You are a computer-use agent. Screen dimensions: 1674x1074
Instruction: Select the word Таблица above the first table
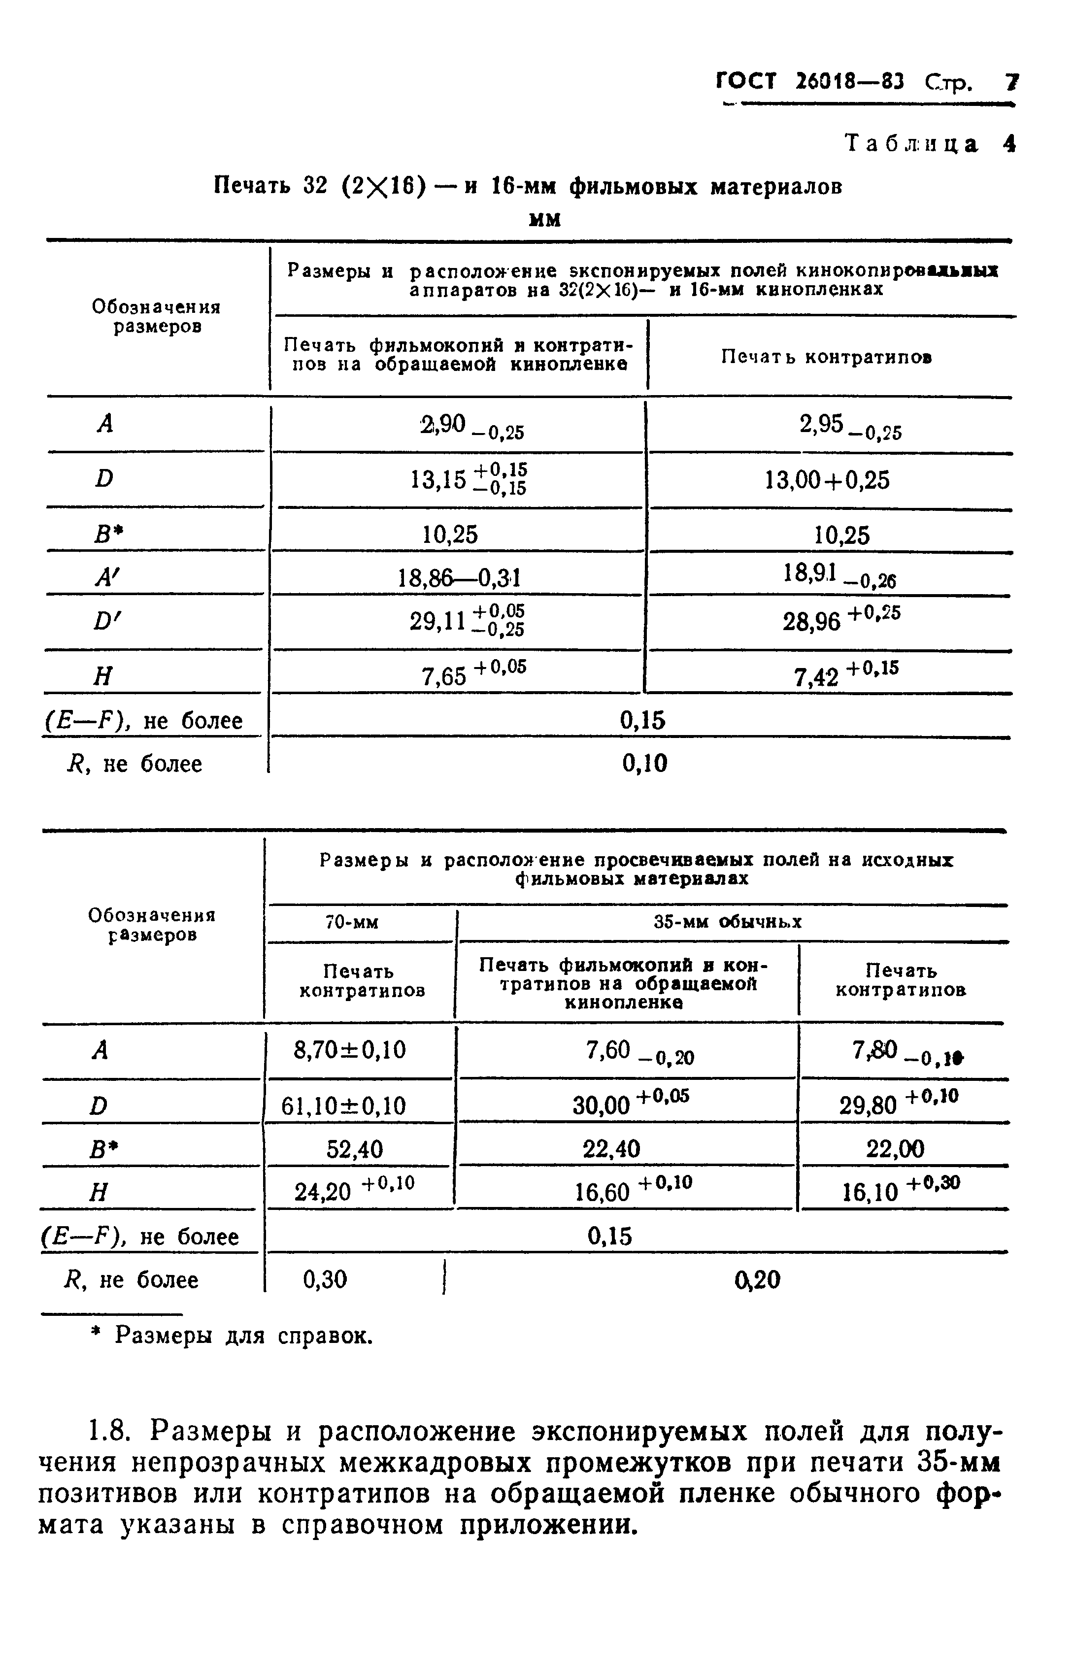pos(911,144)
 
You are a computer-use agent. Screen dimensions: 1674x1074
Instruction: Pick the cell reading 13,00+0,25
pos(827,480)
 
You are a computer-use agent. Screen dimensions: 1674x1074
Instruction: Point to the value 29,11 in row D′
pos(438,620)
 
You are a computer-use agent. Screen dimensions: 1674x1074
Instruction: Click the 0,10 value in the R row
pos(644,764)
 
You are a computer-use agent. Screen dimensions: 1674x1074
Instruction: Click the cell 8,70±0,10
pos(350,1050)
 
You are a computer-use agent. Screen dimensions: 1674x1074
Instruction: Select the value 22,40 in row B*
pos(611,1149)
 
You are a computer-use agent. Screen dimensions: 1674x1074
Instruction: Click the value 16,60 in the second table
pos(602,1192)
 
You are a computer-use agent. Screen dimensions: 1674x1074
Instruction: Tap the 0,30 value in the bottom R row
pos(325,1279)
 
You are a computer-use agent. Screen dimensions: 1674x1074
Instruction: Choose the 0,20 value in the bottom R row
pos(757,1279)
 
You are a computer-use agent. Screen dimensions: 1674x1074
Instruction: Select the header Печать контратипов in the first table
pos(826,358)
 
